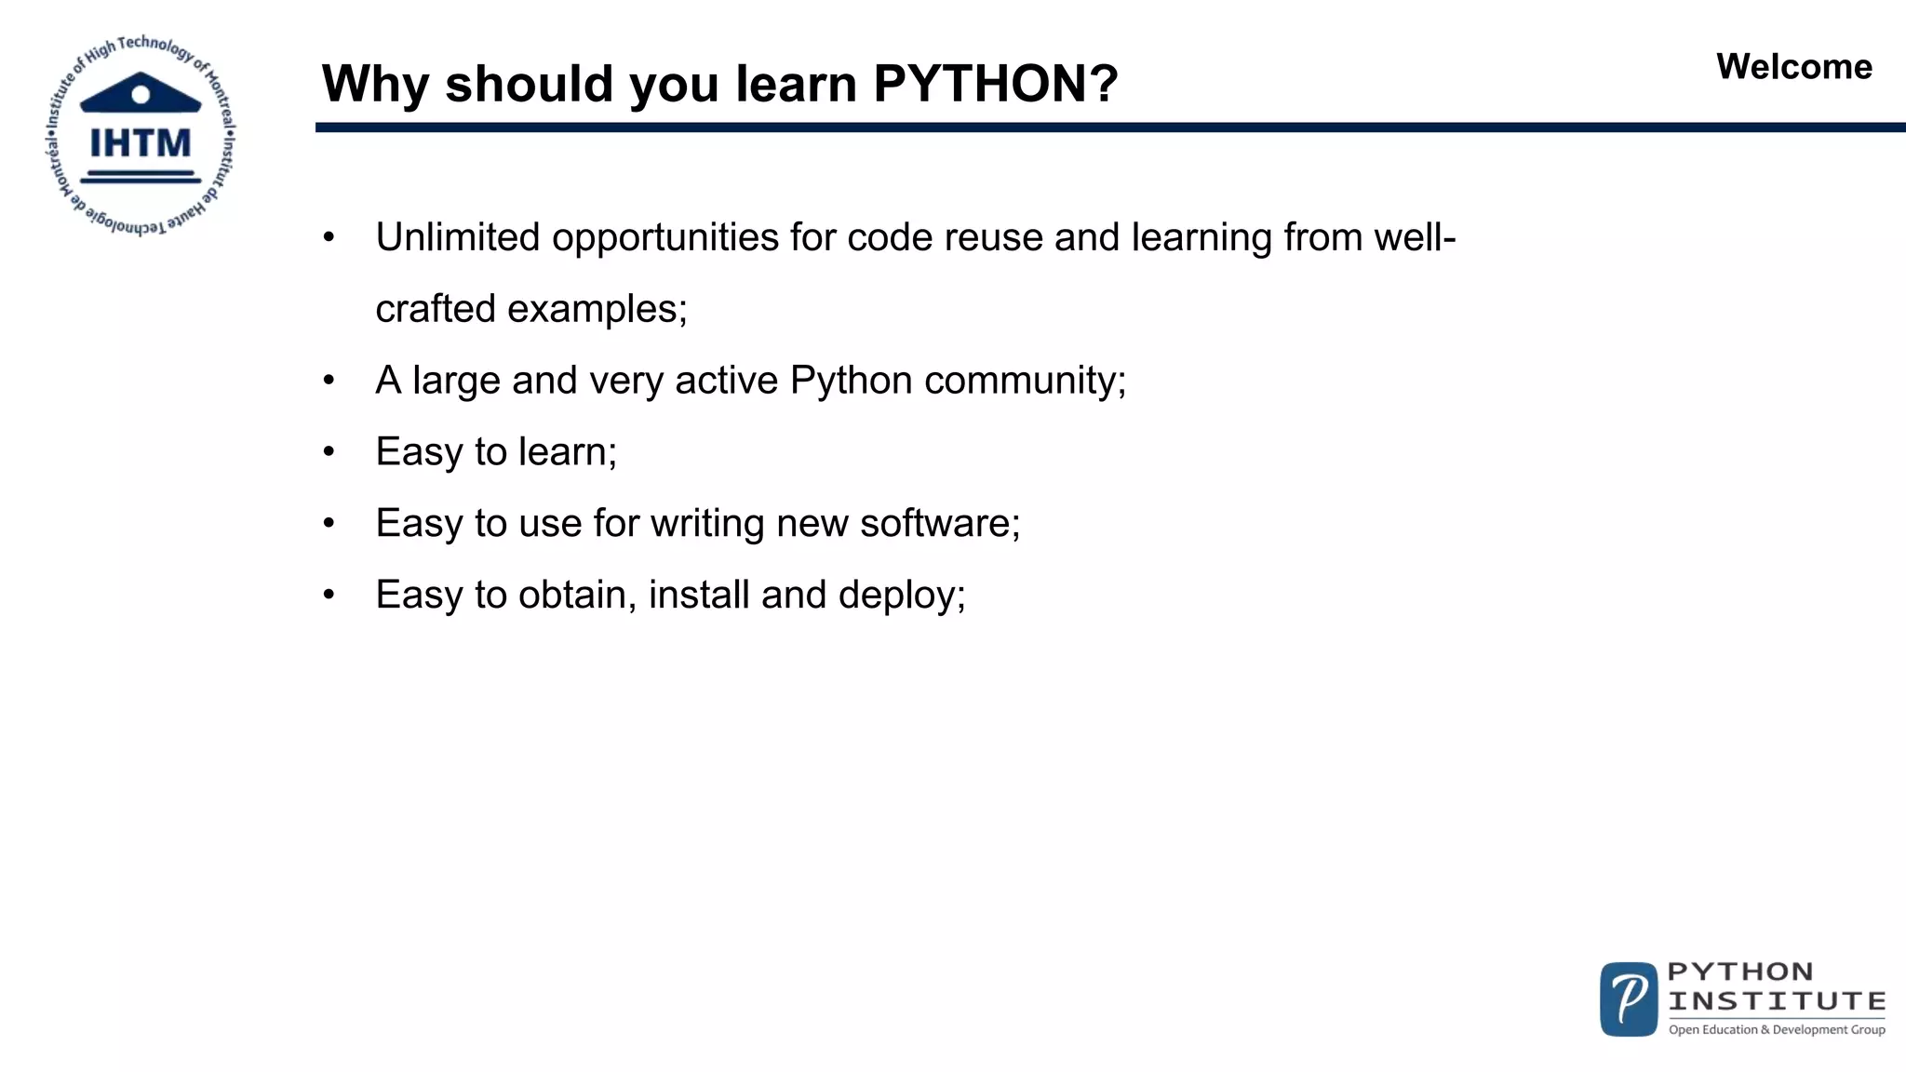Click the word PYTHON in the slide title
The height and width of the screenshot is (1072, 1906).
pyautogui.click(x=980, y=84)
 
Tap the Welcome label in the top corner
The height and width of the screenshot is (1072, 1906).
pyautogui.click(x=1793, y=67)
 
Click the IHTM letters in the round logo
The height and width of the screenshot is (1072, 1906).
pyautogui.click(x=141, y=144)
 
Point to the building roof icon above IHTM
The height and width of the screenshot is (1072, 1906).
pyautogui.click(x=141, y=93)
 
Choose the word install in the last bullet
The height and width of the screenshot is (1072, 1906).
pyautogui.click(x=699, y=595)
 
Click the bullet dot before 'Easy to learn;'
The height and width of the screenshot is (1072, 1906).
pyautogui.click(x=329, y=453)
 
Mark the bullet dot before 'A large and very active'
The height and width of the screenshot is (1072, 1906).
pyautogui.click(x=329, y=382)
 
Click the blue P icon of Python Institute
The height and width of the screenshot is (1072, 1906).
pyautogui.click(x=1629, y=999)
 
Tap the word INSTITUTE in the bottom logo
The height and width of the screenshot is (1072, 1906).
pyautogui.click(x=1777, y=1001)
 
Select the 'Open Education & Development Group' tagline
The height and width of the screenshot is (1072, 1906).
pyautogui.click(x=1777, y=1029)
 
